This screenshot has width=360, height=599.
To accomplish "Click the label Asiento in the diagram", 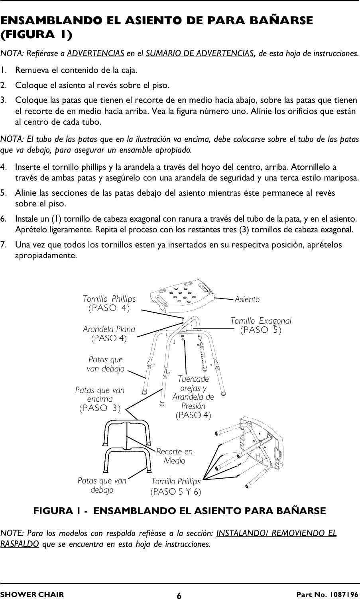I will click(x=247, y=299).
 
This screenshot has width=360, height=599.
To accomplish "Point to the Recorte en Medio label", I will click(x=174, y=456).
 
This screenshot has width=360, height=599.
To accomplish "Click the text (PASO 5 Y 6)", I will click(x=176, y=492).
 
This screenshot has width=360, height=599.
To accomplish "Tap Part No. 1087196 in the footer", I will click(x=333, y=595).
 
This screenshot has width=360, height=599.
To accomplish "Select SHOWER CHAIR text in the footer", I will click(x=32, y=595).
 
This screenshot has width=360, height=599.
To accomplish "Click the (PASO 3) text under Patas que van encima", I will click(x=100, y=408).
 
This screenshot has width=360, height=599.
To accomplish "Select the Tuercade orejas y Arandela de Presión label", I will click(x=193, y=393).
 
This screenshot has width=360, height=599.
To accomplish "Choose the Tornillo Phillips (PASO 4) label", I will click(x=109, y=303).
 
